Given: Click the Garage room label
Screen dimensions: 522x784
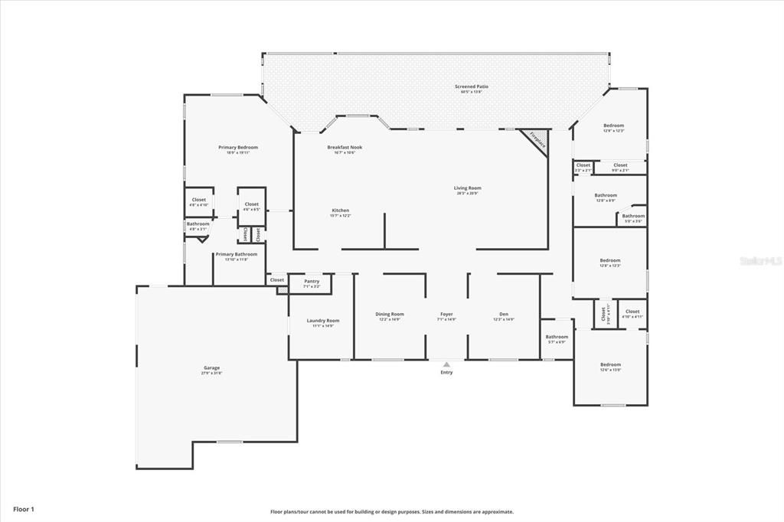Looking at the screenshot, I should click(x=211, y=367).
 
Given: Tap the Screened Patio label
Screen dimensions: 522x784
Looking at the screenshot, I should click(x=471, y=86).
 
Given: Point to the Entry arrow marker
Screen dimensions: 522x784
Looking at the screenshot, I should click(x=446, y=364).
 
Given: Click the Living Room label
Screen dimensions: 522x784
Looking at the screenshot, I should click(x=468, y=188).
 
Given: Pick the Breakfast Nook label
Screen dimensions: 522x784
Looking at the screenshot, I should click(x=345, y=147).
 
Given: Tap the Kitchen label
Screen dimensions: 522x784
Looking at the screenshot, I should click(x=341, y=210).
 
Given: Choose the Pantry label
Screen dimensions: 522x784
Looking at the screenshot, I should click(x=312, y=281).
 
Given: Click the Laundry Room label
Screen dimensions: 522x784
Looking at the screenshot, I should click(x=322, y=320).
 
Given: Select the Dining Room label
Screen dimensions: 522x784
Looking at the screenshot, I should click(x=390, y=314).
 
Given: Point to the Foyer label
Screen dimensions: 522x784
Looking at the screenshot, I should click(x=446, y=314).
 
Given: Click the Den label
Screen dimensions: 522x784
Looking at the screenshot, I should click(x=504, y=314).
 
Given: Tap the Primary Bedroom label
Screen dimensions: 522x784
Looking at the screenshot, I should click(x=238, y=147).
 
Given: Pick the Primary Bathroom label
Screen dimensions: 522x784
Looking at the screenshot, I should click(x=236, y=254).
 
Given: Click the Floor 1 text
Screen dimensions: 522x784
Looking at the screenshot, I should click(x=23, y=508).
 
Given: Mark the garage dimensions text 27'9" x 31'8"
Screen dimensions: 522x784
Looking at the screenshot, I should click(x=211, y=374).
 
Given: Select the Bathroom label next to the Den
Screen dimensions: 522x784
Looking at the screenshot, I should click(x=557, y=337).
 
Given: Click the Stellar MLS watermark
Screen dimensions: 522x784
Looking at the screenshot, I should click(x=760, y=260).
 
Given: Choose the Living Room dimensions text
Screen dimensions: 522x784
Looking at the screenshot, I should click(x=468, y=194).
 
